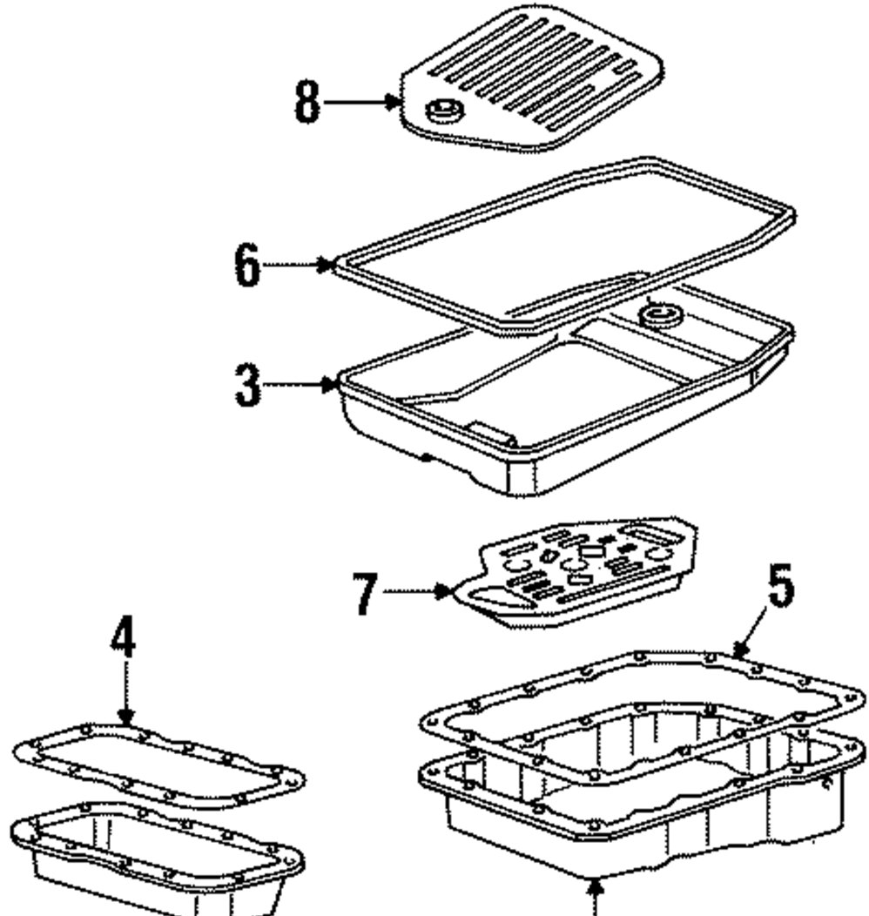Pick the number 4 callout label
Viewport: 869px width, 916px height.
[x=124, y=640]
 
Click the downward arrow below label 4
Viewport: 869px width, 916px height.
[x=125, y=697]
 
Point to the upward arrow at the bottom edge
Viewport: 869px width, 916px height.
[x=595, y=897]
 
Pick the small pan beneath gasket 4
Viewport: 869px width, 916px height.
[x=157, y=858]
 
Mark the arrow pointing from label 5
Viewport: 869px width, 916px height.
[x=747, y=640]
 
